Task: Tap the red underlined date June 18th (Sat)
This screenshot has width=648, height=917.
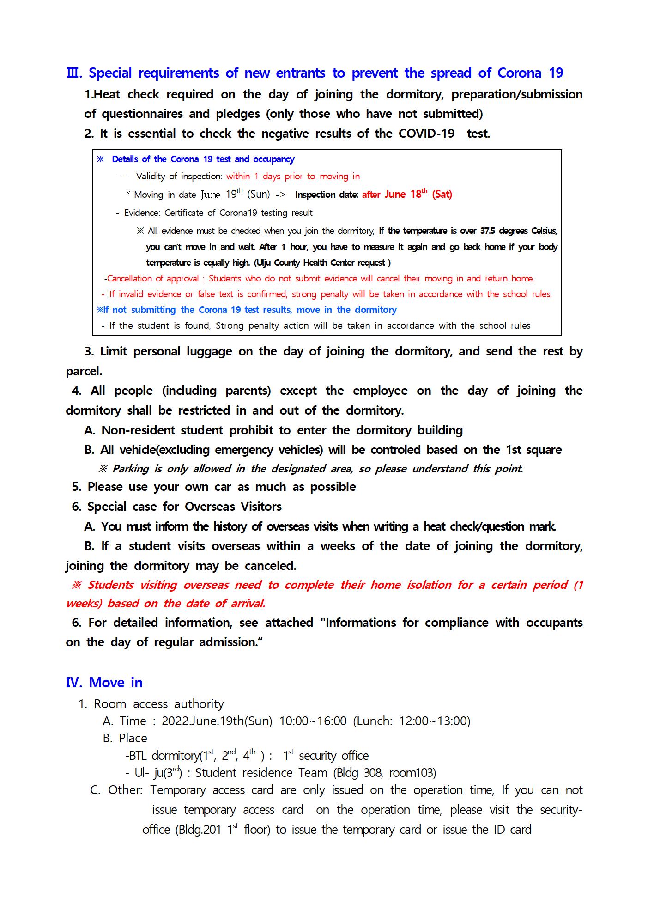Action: click(418, 195)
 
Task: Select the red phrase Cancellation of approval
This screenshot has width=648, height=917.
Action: click(153, 279)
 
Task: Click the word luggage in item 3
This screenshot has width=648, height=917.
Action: click(209, 352)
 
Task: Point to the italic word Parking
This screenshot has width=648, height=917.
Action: click(131, 469)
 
